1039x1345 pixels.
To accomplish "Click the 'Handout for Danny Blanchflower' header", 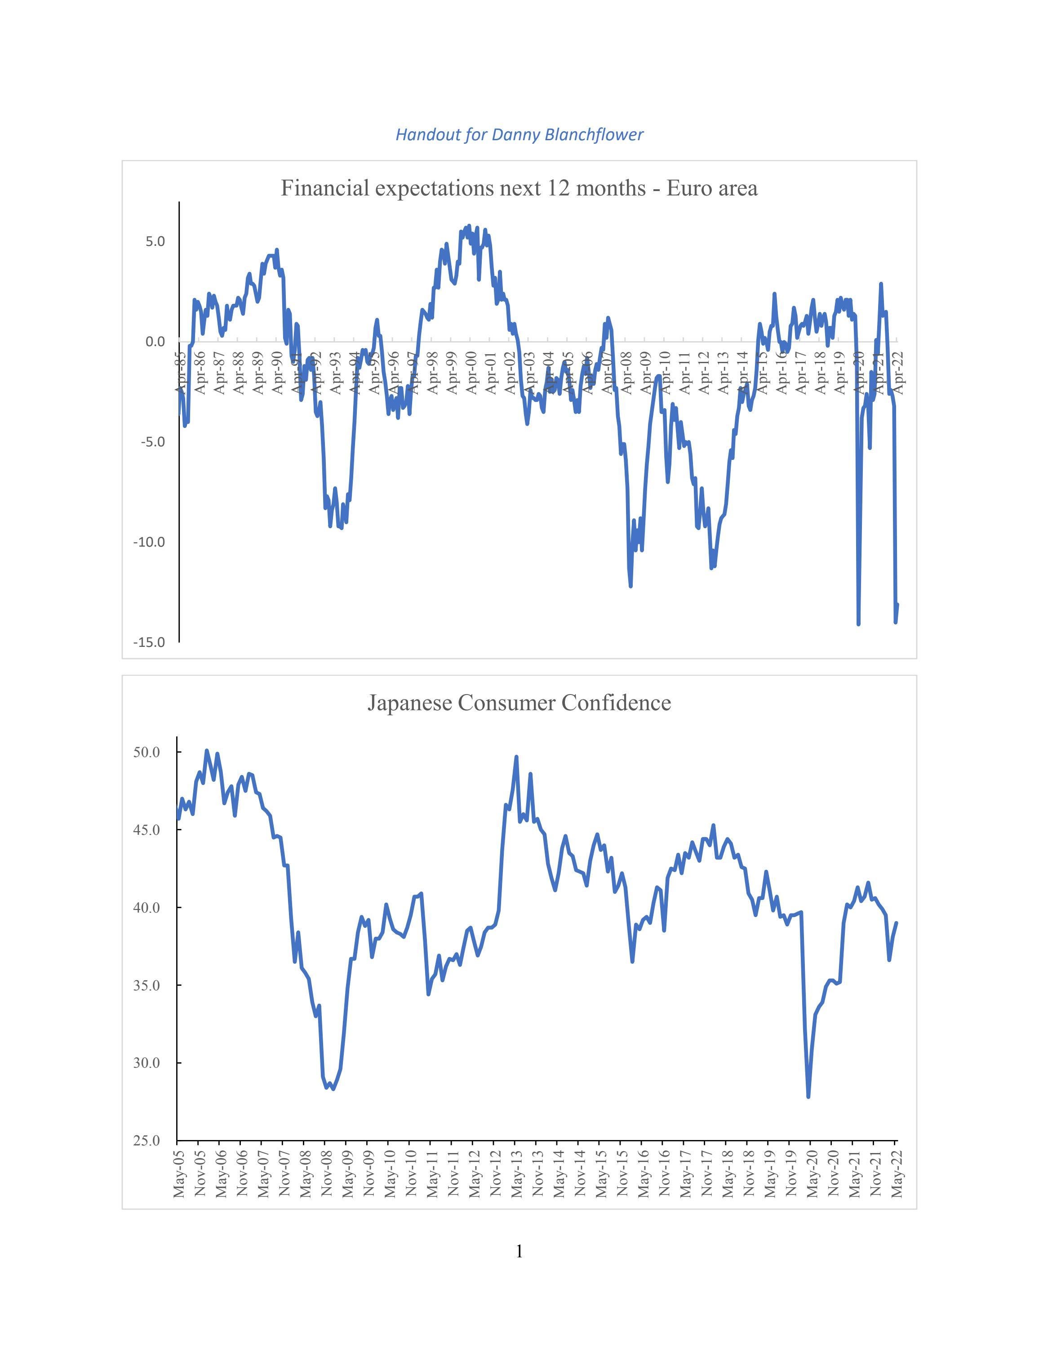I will pos(519,135).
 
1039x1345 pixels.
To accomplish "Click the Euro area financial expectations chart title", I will pos(519,188).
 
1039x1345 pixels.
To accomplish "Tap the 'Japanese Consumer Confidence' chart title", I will pos(519,703).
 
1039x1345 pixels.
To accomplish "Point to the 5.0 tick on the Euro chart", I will pos(155,241).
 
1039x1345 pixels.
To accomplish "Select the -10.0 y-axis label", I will pos(149,542).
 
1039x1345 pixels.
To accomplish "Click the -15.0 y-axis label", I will pos(149,642).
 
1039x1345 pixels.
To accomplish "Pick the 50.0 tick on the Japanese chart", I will pos(147,752).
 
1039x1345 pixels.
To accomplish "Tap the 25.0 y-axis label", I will pos(147,1140).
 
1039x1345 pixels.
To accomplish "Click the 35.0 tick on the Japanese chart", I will pos(147,985).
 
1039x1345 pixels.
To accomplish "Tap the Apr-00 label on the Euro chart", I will pos(471,373).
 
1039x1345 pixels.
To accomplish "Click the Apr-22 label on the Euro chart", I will pos(898,373).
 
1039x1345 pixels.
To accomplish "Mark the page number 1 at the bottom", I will pos(519,1251).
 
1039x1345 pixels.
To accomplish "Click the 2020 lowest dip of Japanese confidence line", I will pos(808,1096).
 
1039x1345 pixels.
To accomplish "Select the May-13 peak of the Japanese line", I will pos(516,757).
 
